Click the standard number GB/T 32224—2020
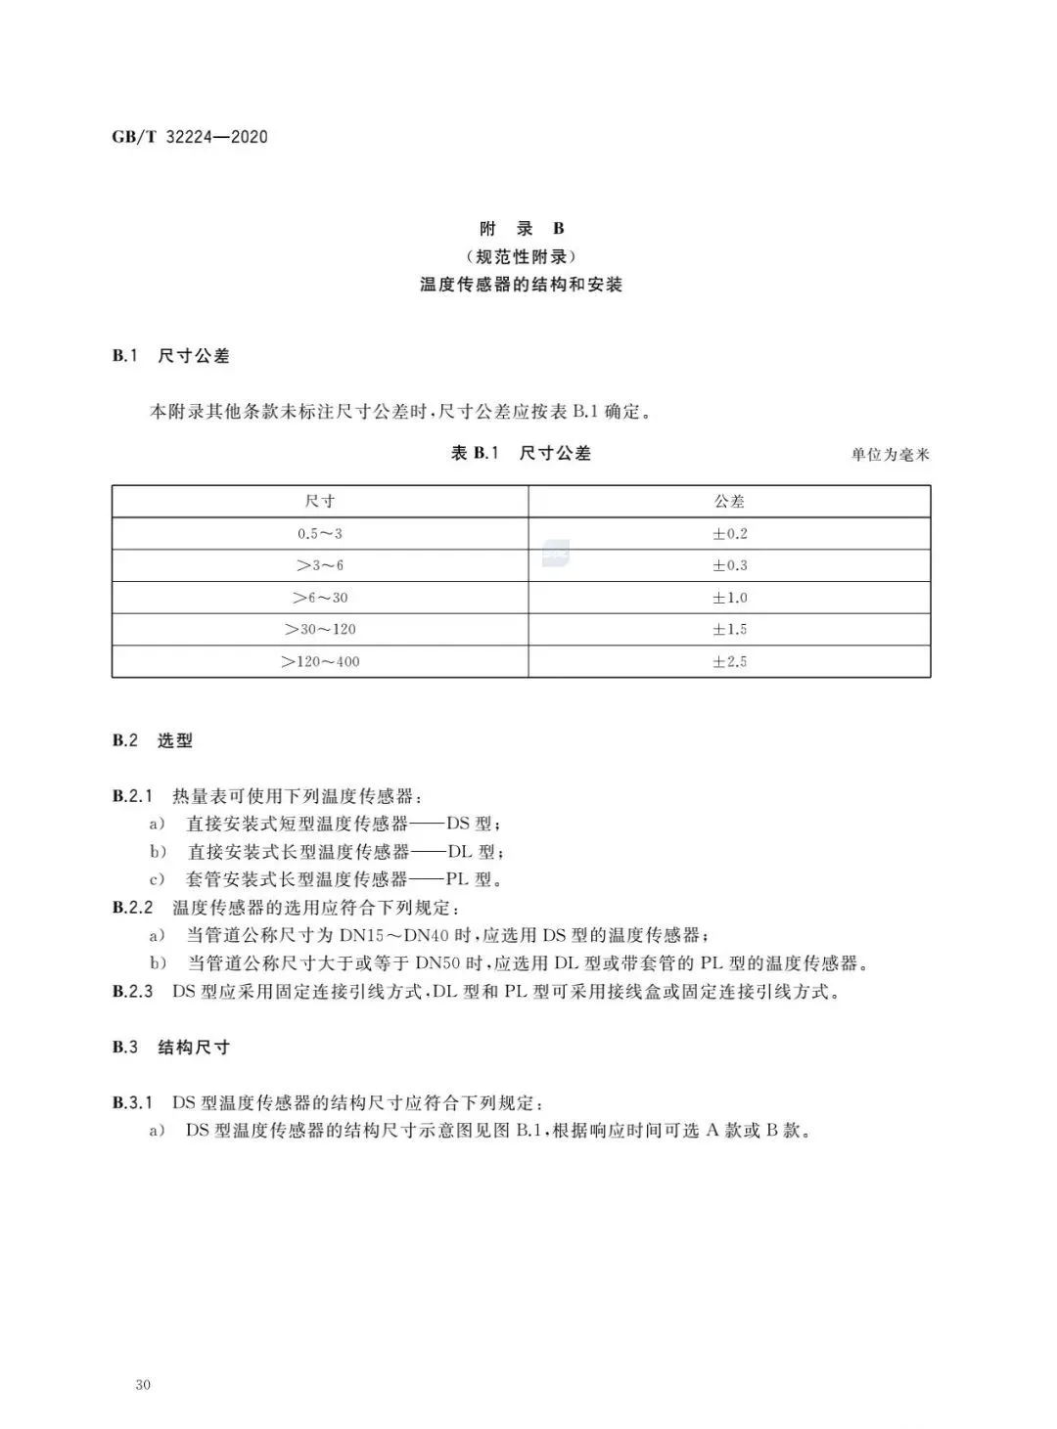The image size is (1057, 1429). pos(189,137)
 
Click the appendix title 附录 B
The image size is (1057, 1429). pos(522,229)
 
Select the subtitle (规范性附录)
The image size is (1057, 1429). pos(522,257)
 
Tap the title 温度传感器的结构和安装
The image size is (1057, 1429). pos(522,285)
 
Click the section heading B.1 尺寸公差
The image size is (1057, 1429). pos(170,356)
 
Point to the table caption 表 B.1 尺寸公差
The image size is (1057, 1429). pos(521,453)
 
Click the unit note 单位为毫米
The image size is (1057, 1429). pos(890,455)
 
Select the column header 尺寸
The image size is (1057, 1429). pos(320,501)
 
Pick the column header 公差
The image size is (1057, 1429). pos(729,501)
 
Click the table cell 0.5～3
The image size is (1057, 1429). pos(320,534)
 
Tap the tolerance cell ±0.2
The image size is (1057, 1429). pos(729,534)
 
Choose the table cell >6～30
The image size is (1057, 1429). pos(320,598)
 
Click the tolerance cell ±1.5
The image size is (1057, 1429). pos(729,629)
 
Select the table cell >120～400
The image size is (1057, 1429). pos(320,662)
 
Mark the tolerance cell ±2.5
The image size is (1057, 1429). pos(729,662)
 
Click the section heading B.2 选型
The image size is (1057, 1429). pos(152,740)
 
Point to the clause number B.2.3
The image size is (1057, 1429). pos(132,992)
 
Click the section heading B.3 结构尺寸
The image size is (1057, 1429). pos(170,1048)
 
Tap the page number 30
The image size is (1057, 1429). pos(143,1385)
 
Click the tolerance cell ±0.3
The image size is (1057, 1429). pos(729,565)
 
